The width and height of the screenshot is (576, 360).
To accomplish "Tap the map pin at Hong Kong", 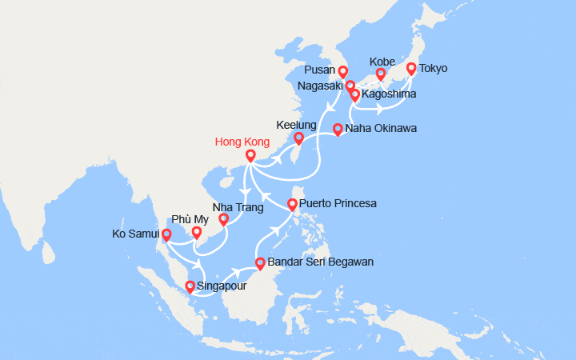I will coord(250,156).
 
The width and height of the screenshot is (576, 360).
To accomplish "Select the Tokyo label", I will coord(433,68).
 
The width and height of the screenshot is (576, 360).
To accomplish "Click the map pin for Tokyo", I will coord(411,69).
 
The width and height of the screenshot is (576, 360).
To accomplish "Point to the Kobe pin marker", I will coord(381,75).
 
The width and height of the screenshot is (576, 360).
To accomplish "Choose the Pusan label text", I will coord(320,70).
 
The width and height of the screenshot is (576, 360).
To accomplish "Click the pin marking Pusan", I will coord(342,71).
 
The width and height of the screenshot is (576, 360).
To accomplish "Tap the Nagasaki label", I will coord(321,86).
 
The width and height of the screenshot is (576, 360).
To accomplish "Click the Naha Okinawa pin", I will coord(338,129).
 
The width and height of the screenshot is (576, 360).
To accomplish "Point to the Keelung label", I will coord(294,125).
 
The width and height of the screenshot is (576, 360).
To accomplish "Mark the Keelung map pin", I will coord(299,138).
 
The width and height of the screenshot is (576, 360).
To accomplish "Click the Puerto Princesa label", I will coord(338,203).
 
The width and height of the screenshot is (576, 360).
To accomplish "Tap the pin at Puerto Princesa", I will coord(293,204).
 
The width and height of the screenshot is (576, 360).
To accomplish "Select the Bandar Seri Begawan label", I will coord(320,262).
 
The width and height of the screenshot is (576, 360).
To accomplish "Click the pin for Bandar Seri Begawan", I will coord(260,263).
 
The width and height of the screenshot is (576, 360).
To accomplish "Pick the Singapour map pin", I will coord(190,286).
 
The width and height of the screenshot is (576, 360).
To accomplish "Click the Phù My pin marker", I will coord(196,233).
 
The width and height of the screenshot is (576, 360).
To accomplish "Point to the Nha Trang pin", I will coord(223,219).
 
